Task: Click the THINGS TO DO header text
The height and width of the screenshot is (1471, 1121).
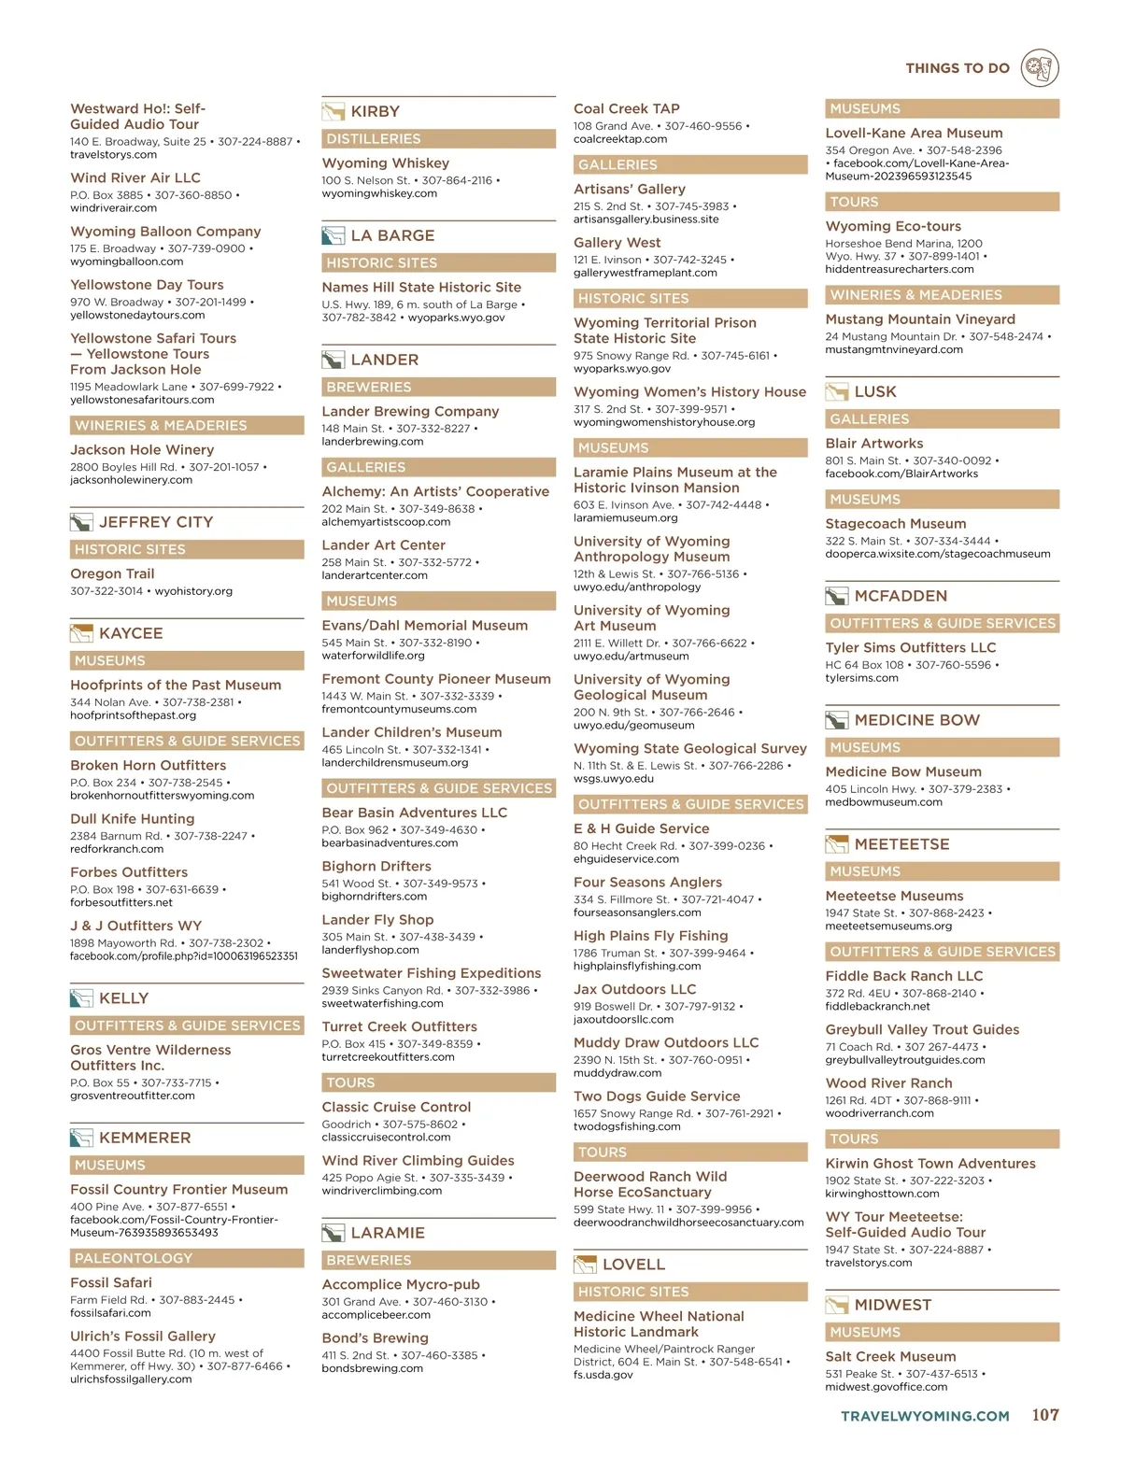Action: coord(957,68)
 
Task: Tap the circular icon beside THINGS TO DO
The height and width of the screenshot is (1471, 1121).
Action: coord(1040,67)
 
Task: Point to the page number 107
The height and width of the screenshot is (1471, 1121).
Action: coord(1044,1415)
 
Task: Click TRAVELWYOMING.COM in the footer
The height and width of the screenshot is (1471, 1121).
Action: coord(925,1416)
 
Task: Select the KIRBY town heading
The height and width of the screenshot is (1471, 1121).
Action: coord(375,111)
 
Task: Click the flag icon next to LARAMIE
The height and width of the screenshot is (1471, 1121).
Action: coord(333,1233)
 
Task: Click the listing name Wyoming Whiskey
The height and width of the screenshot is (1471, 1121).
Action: coord(385,163)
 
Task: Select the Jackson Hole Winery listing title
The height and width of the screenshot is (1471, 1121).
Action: coord(142,449)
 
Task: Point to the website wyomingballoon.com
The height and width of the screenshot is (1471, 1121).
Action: coord(126,262)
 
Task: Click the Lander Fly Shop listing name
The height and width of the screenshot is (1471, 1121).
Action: coord(377,919)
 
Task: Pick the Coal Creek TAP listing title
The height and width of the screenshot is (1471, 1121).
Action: coord(626,108)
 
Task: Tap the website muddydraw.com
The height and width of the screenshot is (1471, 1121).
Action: coord(617,1073)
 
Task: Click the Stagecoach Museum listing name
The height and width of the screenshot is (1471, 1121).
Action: coord(895,523)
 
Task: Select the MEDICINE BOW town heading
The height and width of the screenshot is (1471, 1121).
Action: coord(916,720)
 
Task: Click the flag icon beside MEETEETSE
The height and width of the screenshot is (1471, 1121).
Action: coord(836,844)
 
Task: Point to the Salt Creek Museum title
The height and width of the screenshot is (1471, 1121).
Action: coord(890,1356)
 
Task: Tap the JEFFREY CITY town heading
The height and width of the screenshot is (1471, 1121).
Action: coord(156,522)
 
